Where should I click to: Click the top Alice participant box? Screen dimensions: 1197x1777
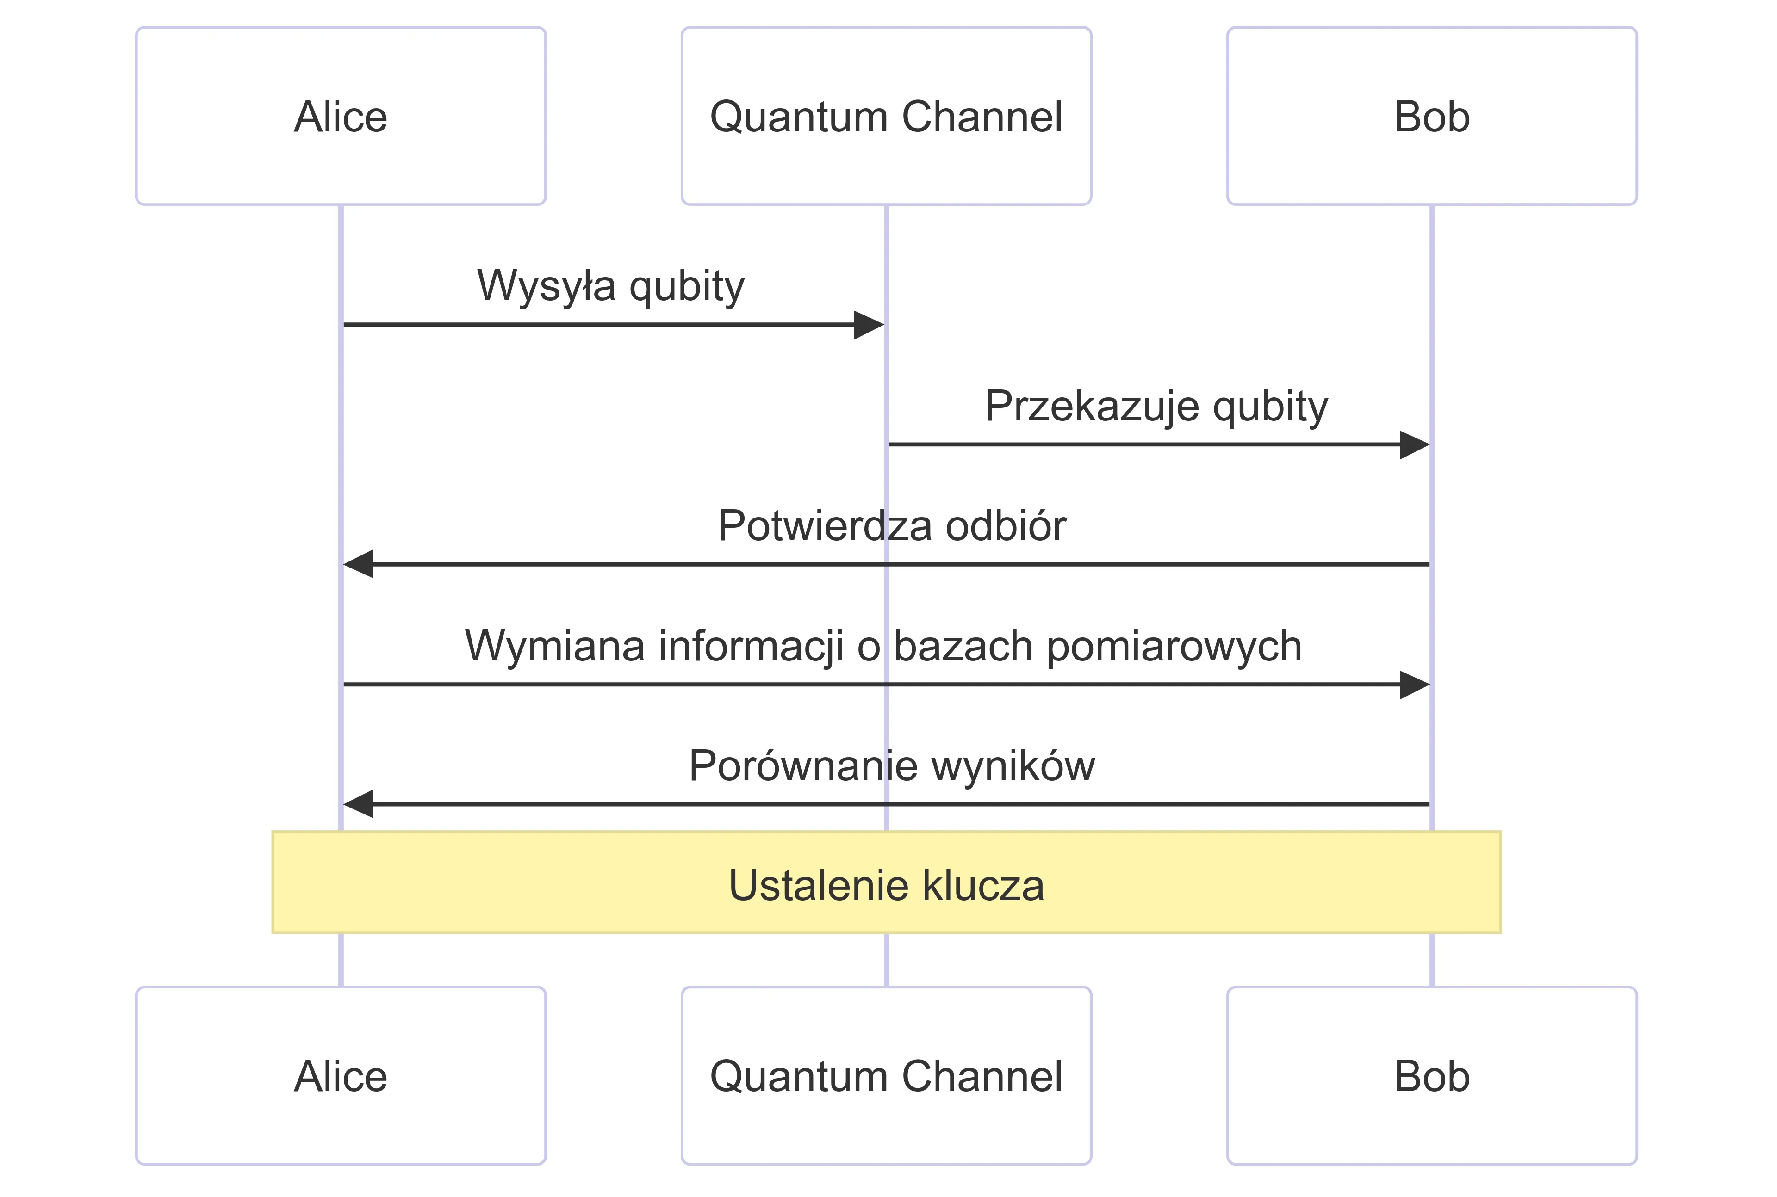click(341, 116)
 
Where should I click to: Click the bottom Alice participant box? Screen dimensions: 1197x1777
click(341, 1076)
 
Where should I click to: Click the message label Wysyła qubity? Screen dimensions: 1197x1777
click(610, 286)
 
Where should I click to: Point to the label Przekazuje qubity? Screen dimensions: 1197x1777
click(1156, 406)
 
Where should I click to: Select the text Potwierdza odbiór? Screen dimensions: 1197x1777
click(891, 526)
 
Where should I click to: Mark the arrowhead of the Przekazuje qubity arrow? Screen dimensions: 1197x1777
click(1415, 444)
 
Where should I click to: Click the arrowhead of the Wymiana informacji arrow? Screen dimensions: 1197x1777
click(1415, 685)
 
